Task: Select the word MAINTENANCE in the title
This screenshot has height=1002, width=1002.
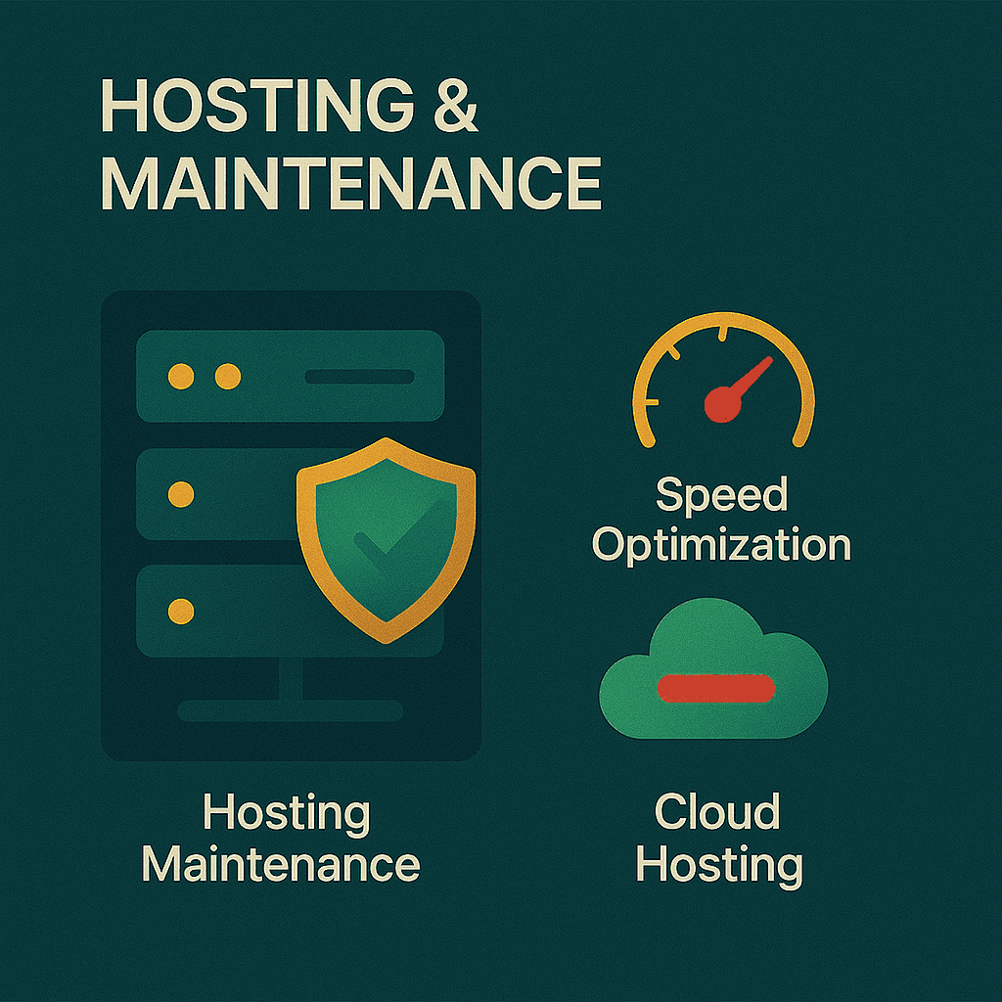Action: tap(350, 183)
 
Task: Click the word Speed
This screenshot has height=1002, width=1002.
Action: tap(721, 496)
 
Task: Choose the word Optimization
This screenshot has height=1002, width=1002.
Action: tap(721, 545)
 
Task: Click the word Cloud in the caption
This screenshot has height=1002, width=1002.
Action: tap(717, 812)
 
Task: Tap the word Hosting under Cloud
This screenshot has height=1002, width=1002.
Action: tap(719, 865)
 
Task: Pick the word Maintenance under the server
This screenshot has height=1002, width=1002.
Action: tap(281, 865)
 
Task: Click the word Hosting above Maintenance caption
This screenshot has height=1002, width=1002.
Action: tap(286, 812)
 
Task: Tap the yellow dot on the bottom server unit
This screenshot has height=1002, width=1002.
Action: tap(180, 612)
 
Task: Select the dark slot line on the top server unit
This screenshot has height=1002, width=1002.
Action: tap(359, 377)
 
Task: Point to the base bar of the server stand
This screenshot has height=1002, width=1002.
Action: tap(290, 711)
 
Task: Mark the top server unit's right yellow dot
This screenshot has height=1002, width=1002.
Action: tap(227, 377)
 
